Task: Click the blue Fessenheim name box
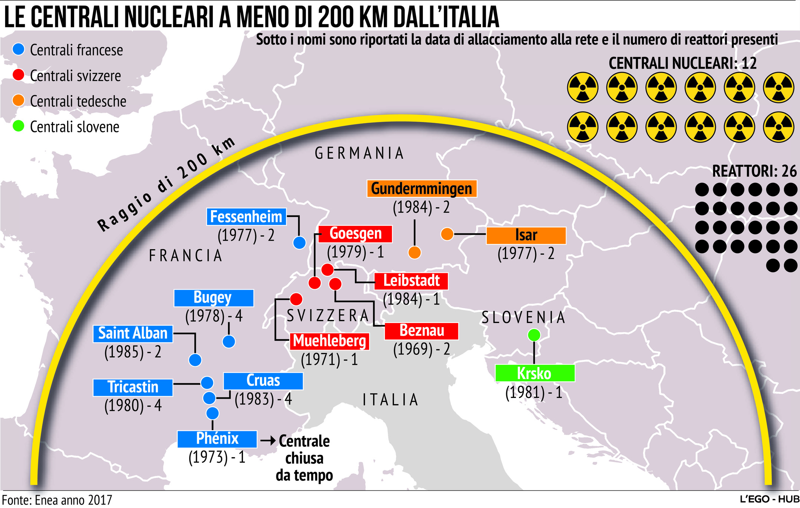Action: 246,217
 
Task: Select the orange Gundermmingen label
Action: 422,188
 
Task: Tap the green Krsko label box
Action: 534,373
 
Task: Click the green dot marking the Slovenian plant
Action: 534,335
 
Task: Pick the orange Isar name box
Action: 526,235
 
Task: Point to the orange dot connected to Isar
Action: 447,234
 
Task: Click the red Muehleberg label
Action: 329,341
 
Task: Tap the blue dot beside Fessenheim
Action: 299,243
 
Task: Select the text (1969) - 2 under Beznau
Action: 421,349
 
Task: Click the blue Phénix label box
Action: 217,439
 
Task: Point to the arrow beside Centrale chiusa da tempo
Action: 268,441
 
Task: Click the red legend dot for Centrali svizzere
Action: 18,75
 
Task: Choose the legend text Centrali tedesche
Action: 78,101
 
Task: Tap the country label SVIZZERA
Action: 328,316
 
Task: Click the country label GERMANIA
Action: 359,153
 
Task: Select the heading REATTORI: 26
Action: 754,171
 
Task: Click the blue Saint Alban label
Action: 133,333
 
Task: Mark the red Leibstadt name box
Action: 411,281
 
